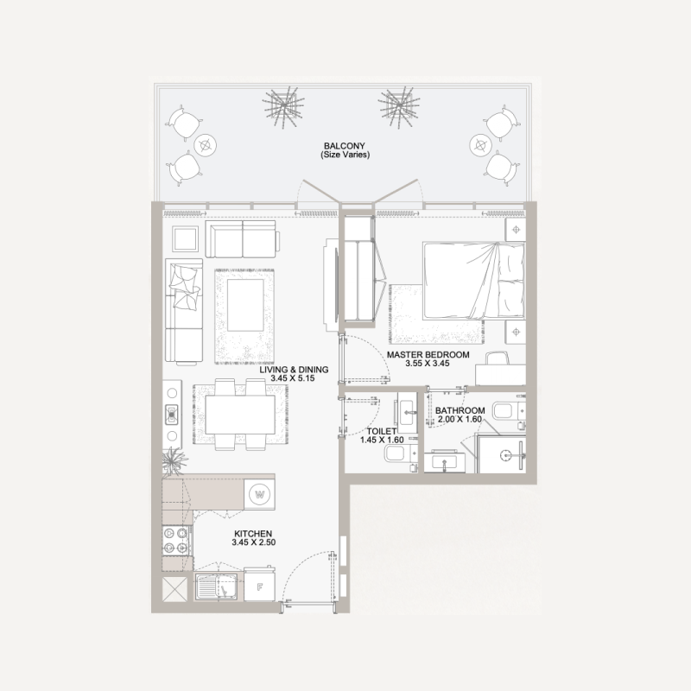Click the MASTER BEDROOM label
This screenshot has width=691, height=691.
[428, 355]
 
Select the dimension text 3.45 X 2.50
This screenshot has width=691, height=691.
[253, 545]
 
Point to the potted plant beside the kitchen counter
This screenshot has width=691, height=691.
[173, 460]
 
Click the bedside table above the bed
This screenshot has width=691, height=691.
[516, 230]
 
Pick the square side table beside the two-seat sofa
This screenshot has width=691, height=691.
[186, 237]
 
